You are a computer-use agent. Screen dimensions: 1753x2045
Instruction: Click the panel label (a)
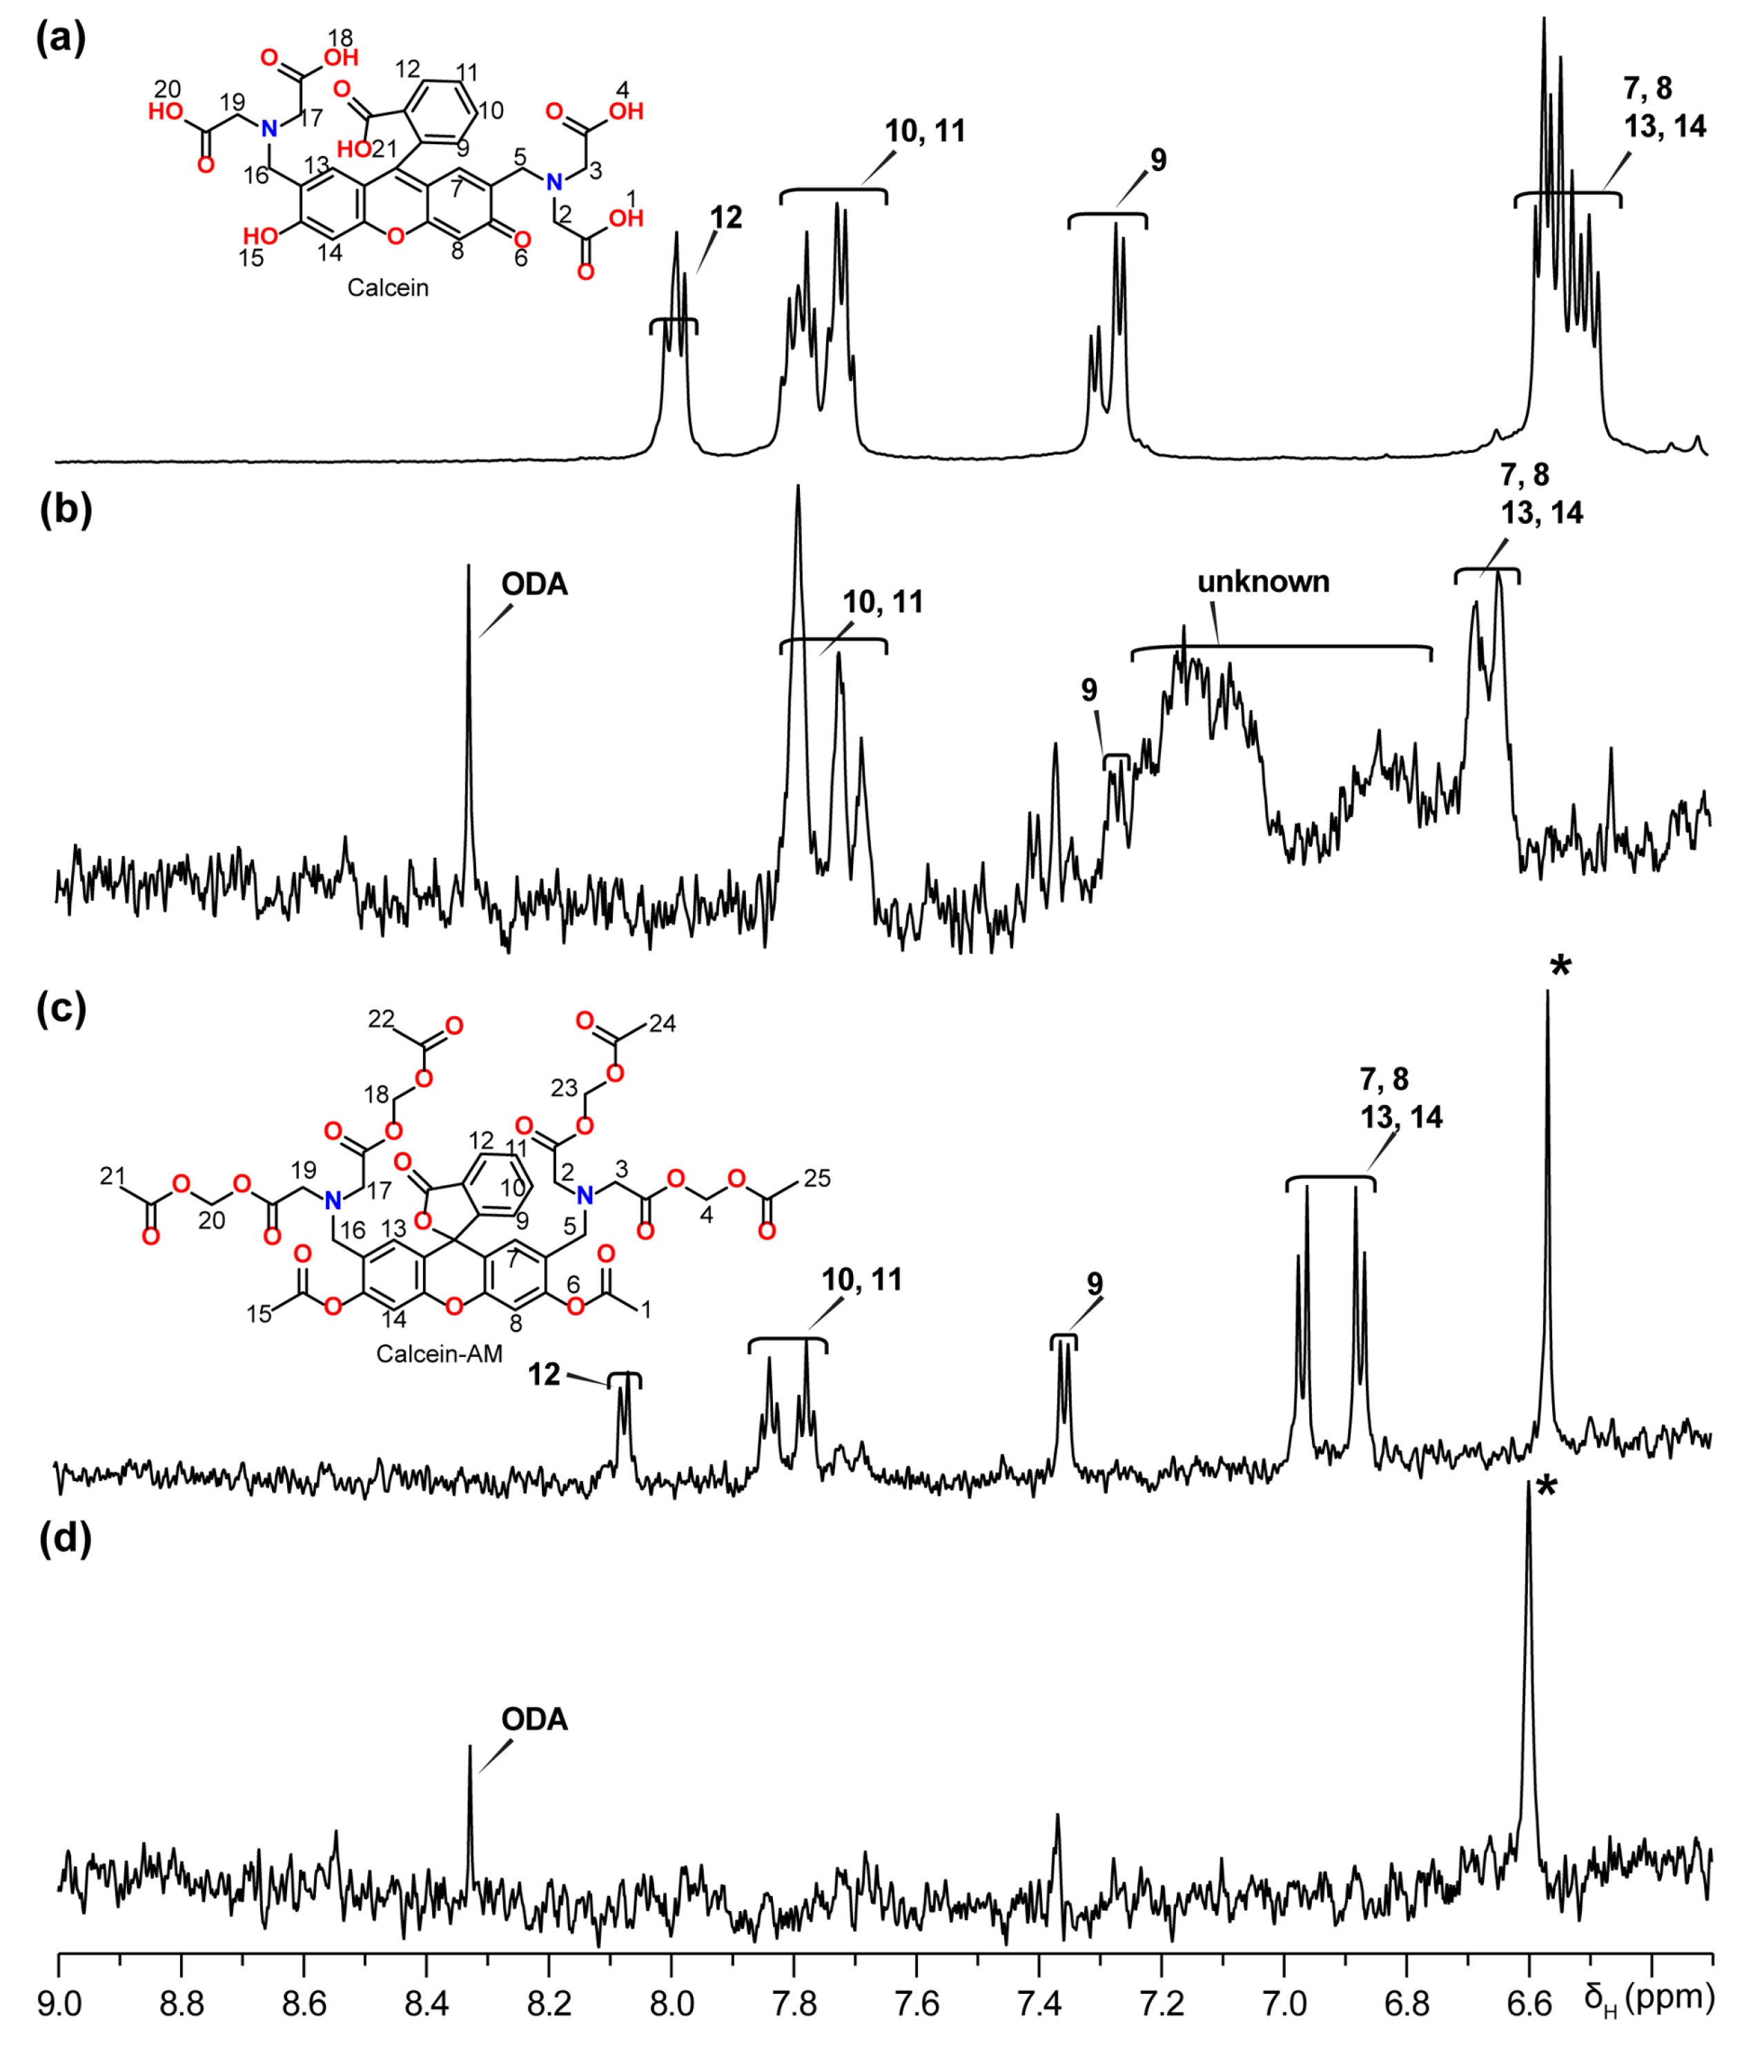tap(61, 39)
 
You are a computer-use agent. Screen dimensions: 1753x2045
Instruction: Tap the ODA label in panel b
tap(534, 585)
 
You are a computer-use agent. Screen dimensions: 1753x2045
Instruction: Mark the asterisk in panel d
tap(1546, 1488)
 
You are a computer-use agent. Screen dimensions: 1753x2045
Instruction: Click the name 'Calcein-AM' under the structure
tap(439, 1353)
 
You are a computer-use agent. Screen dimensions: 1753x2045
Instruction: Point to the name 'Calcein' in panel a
tap(388, 288)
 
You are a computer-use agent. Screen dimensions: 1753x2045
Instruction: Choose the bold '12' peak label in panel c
tap(544, 1375)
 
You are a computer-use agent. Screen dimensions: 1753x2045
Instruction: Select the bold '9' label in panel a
tap(1158, 160)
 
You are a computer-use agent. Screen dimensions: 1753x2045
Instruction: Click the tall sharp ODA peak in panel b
tap(468, 691)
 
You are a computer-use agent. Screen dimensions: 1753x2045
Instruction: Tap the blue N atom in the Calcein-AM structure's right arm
tap(585, 1196)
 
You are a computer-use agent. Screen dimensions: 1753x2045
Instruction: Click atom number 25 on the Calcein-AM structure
tap(817, 1177)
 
